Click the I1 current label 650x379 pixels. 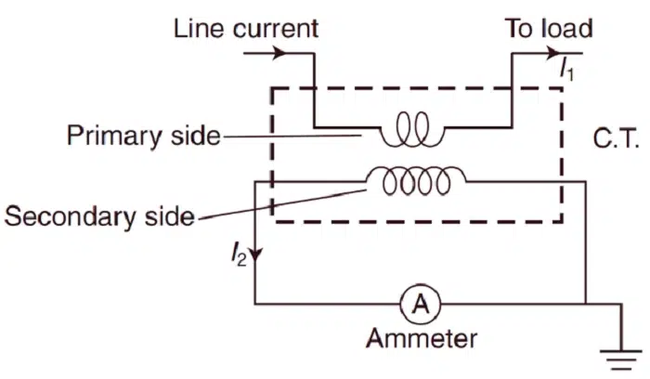(x=567, y=67)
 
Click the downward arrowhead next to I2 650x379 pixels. (x=255, y=254)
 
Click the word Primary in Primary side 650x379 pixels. (x=110, y=137)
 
